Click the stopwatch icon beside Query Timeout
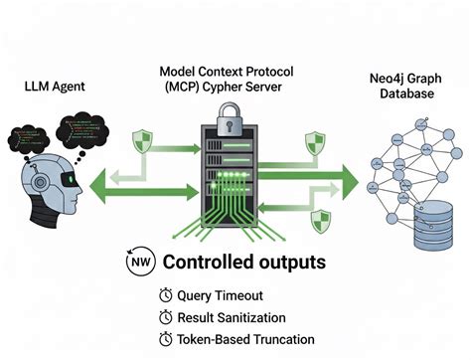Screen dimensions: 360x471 164,295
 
